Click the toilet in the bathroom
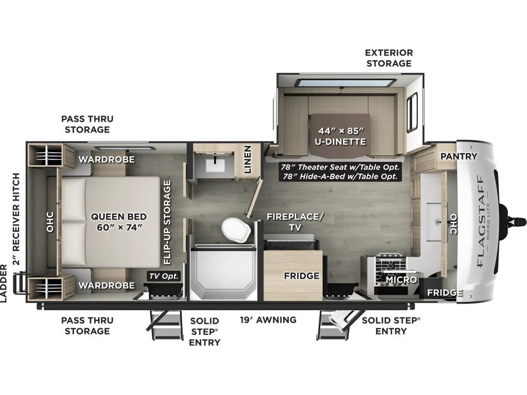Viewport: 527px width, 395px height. click(x=236, y=230)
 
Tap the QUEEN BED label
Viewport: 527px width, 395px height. click(x=119, y=217)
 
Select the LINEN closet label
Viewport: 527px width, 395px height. click(x=248, y=159)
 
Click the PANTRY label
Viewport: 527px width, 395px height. click(x=459, y=156)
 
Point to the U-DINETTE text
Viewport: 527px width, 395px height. click(x=340, y=142)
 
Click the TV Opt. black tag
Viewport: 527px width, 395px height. click(x=164, y=276)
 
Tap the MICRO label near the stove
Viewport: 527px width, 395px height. click(x=401, y=279)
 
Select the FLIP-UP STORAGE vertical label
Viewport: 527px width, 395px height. click(x=167, y=222)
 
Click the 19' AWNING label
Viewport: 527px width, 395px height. click(x=268, y=320)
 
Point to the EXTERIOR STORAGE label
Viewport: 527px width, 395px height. click(x=389, y=58)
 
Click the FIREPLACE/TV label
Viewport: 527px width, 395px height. click(x=295, y=222)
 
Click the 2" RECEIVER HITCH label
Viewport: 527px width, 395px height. click(x=16, y=219)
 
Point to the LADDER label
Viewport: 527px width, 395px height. click(x=4, y=283)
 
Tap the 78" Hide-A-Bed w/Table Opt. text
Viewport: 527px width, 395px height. click(x=340, y=176)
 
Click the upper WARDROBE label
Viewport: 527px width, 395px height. click(x=107, y=159)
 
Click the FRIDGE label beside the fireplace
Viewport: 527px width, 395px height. click(x=302, y=276)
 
